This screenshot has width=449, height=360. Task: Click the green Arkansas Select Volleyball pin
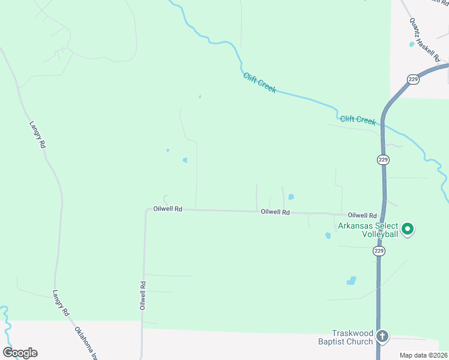pyautogui.click(x=408, y=229)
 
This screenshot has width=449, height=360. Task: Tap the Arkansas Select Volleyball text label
pyautogui.click(x=368, y=230)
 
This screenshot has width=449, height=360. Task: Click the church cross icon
pyautogui.click(x=383, y=337)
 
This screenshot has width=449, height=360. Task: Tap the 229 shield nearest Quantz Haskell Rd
pyautogui.click(x=412, y=79)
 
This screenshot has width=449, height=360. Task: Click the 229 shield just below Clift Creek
pyautogui.click(x=384, y=160)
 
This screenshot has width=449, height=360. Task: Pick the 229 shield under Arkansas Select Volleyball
pyautogui.click(x=379, y=251)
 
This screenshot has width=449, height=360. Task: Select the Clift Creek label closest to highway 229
pyautogui.click(x=358, y=120)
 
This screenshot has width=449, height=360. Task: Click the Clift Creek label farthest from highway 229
pyautogui.click(x=259, y=82)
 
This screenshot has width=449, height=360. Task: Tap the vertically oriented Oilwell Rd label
pyautogui.click(x=143, y=295)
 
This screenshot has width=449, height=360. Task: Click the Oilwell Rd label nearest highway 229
pyautogui.click(x=362, y=215)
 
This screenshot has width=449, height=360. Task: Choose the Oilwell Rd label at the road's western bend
pyautogui.click(x=167, y=209)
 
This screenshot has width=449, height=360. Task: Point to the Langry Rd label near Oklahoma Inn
pyautogui.click(x=61, y=304)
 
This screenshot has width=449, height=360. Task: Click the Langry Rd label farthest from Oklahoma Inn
pyautogui.click(x=37, y=135)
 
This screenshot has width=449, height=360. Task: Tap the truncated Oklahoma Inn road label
pyautogui.click(x=86, y=343)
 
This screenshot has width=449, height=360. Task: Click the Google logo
pyautogui.click(x=20, y=353)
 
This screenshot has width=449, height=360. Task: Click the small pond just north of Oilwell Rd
pyautogui.click(x=291, y=196)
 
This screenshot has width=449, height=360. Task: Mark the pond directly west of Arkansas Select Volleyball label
pyautogui.click(x=328, y=236)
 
